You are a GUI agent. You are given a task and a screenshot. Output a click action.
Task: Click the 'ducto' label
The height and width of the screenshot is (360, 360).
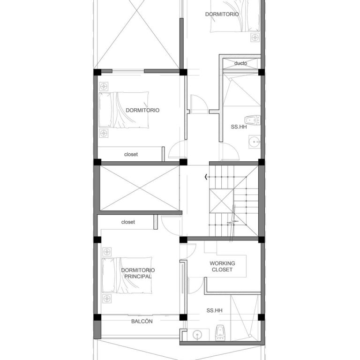tap(240, 63)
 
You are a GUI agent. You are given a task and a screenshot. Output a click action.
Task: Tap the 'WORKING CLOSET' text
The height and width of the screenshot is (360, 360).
tap(222, 266)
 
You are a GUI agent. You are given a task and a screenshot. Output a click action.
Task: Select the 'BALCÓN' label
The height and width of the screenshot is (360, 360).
tap(142, 321)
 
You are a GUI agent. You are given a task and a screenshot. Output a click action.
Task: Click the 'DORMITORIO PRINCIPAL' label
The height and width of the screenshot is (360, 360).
tap(138, 273)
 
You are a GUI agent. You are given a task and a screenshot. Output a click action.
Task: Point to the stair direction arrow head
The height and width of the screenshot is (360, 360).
tap(206, 177)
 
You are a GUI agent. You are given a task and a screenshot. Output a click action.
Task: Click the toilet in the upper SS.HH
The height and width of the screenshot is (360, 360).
tap(252, 120)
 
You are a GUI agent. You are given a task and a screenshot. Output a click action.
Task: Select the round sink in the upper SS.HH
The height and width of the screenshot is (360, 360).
tap(255, 142)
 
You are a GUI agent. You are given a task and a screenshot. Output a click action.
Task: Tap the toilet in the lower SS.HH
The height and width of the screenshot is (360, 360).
tap(220, 332)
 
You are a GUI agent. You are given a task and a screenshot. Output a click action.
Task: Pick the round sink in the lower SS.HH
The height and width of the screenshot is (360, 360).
tap(197, 335)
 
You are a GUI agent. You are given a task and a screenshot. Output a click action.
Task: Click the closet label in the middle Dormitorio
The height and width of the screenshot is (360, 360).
tap(131, 154)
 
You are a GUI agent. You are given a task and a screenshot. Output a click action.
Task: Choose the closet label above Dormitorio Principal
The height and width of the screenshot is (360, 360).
tap(128, 222)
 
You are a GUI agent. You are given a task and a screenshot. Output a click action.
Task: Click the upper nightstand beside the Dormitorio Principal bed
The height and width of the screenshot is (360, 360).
tap(107, 252)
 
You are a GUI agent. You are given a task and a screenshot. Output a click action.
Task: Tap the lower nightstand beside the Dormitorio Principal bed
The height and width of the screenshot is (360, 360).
tap(107, 299)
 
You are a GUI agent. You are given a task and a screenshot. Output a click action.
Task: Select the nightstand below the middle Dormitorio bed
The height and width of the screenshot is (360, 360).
tap(104, 133)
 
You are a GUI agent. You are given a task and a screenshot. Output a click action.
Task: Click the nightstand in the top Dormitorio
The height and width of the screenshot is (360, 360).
tap(255, 37)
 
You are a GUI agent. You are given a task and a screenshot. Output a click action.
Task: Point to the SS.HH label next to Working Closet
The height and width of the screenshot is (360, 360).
tap(214, 310)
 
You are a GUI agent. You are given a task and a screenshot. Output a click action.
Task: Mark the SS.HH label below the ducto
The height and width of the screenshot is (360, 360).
tap(239, 127)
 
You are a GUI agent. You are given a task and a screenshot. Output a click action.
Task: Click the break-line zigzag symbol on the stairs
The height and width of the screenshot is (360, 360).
tap(233, 222)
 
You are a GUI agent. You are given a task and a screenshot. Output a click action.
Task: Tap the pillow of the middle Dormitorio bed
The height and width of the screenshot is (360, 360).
tap(105, 110)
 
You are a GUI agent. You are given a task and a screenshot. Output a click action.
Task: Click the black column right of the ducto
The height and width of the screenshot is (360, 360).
tap(261, 72)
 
